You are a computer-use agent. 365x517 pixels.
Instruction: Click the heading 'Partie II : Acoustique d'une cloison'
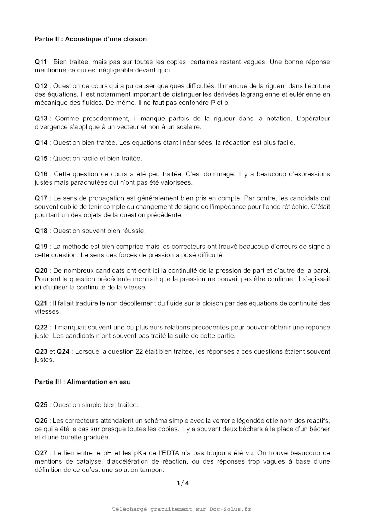pyautogui.click(x=91, y=39)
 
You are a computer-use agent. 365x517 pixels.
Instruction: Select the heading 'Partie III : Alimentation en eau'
pyautogui.click(x=83, y=382)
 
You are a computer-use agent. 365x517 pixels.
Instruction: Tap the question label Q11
pyautogui.click(x=41, y=62)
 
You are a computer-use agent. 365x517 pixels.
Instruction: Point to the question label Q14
pyautogui.click(x=41, y=143)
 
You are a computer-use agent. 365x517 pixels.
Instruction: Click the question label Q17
pyautogui.click(x=41, y=198)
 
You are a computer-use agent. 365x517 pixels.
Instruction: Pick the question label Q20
pyautogui.click(x=41, y=271)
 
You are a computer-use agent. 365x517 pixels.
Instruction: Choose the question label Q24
pyautogui.click(x=63, y=352)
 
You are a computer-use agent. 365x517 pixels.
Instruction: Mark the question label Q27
pyautogui.click(x=41, y=453)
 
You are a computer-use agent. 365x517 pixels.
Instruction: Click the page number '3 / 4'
pyautogui.click(x=182, y=483)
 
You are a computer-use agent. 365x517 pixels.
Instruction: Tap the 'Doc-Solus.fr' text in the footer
pyautogui.click(x=230, y=509)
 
